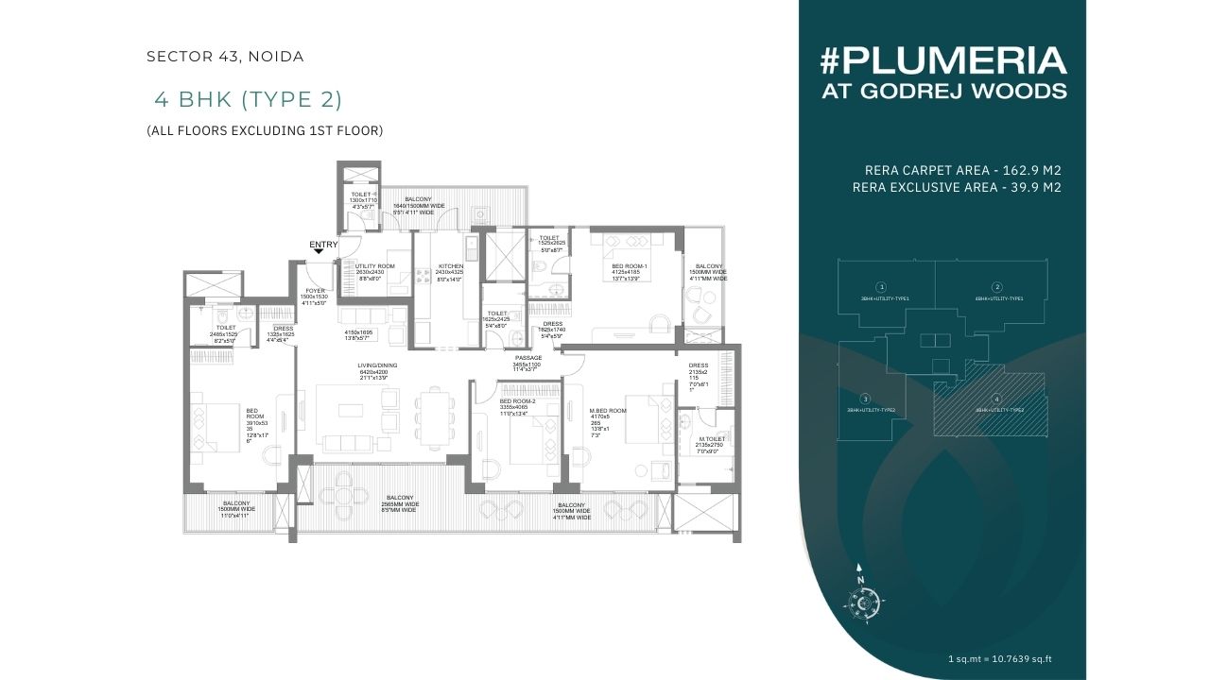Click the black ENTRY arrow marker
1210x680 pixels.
pyautogui.click(x=317, y=257)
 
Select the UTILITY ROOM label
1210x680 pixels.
pyautogui.click(x=374, y=266)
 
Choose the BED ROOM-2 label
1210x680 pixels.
pyautogui.click(x=517, y=401)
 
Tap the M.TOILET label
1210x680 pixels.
pyautogui.click(x=712, y=439)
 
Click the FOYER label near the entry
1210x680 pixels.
pyautogui.click(x=313, y=291)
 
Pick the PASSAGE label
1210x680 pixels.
pyautogui.click(x=528, y=358)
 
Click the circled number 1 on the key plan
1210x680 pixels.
pyautogui.click(x=881, y=286)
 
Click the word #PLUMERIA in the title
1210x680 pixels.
pyautogui.click(x=942, y=61)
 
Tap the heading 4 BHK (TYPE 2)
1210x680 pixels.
pyautogui.click(x=247, y=99)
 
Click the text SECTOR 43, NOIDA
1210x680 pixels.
pyautogui.click(x=225, y=57)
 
